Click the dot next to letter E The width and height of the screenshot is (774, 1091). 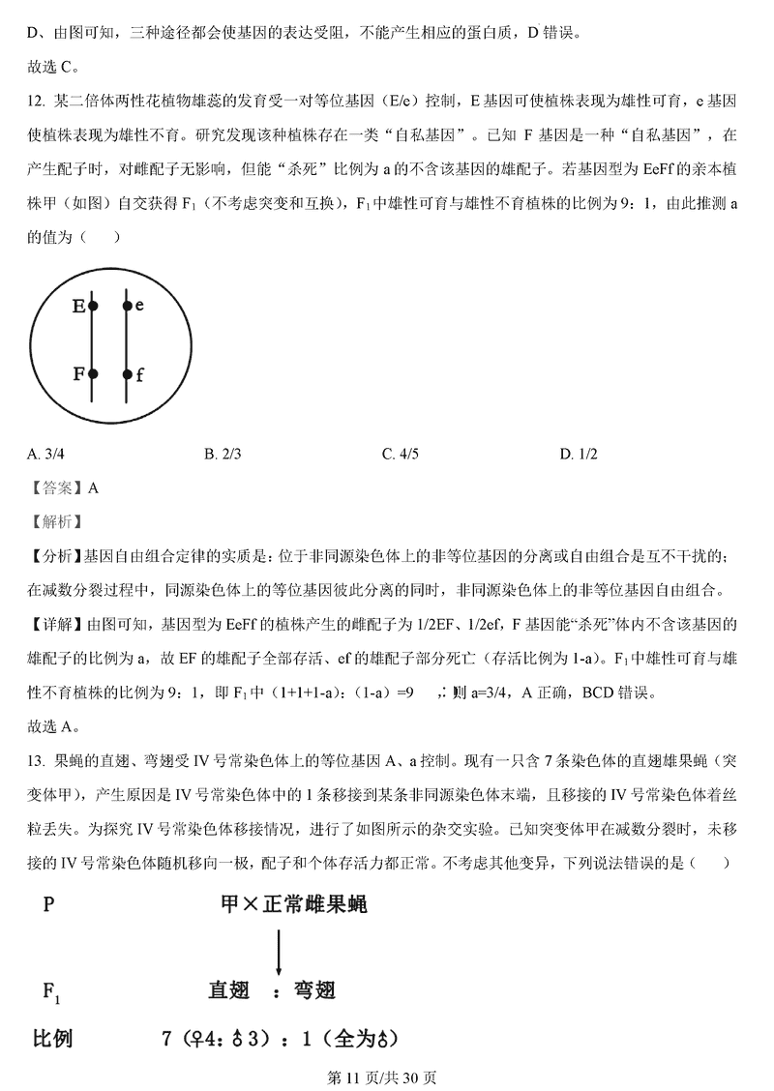pyautogui.click(x=93, y=306)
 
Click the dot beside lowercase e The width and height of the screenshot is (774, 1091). pyautogui.click(x=127, y=306)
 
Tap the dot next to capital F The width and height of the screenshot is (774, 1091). pyautogui.click(x=93, y=373)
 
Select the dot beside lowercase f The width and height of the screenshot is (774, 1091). pyautogui.click(x=127, y=373)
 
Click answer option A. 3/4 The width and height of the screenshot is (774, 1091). pyautogui.click(x=46, y=453)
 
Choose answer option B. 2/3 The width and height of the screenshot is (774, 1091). pyautogui.click(x=223, y=453)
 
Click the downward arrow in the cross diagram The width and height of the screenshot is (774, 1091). pyautogui.click(x=279, y=951)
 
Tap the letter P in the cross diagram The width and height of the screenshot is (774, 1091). pyautogui.click(x=48, y=905)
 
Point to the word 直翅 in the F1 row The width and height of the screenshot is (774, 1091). pyautogui.click(x=229, y=990)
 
